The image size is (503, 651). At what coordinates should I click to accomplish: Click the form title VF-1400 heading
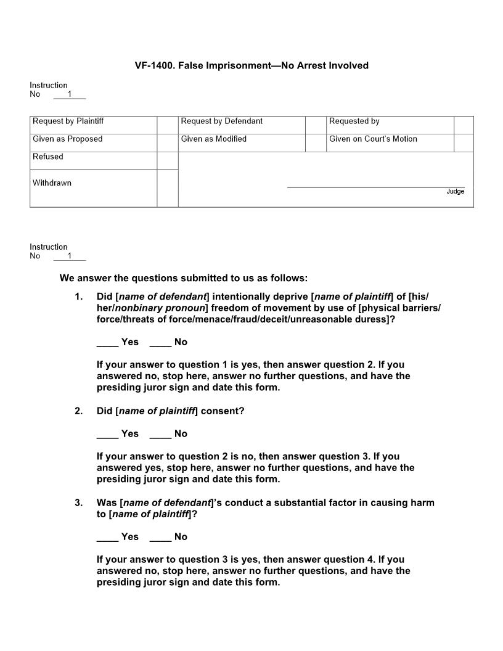pos(251,65)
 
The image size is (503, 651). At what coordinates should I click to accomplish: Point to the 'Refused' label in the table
pos(48,157)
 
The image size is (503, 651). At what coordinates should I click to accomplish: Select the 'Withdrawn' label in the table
pos(52,183)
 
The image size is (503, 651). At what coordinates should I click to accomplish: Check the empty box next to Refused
pos(167,161)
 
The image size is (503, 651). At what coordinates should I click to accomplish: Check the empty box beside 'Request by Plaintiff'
pos(167,125)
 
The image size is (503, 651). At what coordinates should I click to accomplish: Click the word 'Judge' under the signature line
pos(455,192)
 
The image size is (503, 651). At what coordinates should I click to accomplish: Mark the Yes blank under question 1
pos(107,343)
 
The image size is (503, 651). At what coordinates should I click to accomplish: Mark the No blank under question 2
pos(160,435)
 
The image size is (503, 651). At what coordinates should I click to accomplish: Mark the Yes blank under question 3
pos(107,538)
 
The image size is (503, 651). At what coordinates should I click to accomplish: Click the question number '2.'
pos(79,411)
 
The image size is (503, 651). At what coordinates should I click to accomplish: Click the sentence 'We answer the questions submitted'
pos(183,278)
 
